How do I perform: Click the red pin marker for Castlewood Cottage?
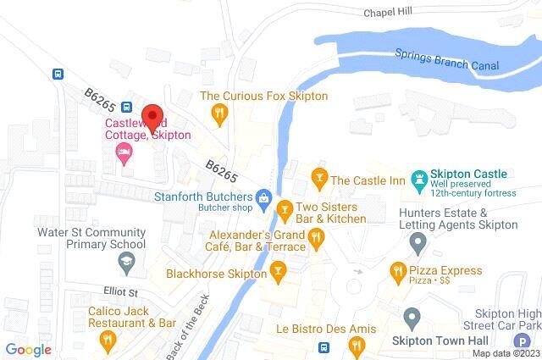pyautogui.click(x=152, y=115)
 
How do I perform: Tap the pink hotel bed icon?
pyautogui.click(x=124, y=153)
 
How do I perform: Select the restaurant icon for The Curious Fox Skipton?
pyautogui.click(x=218, y=113)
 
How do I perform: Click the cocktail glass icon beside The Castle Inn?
pyautogui.click(x=319, y=180)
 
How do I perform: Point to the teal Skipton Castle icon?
pyautogui.click(x=418, y=180)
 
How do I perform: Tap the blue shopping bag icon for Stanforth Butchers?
pyautogui.click(x=263, y=199)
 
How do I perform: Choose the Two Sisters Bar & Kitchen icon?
pyautogui.click(x=285, y=208)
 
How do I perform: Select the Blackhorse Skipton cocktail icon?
pyautogui.click(x=277, y=271)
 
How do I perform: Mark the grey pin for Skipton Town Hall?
pyautogui.click(x=412, y=319)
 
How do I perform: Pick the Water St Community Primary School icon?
pyautogui.click(x=125, y=264)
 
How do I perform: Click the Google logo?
pyautogui.click(x=28, y=350)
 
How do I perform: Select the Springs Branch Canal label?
pyautogui.click(x=447, y=59)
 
